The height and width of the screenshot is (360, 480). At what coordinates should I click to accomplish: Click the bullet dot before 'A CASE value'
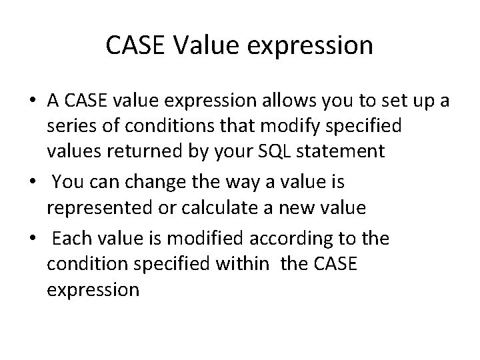(x=32, y=101)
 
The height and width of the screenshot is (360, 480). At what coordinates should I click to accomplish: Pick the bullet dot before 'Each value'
(x=32, y=239)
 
